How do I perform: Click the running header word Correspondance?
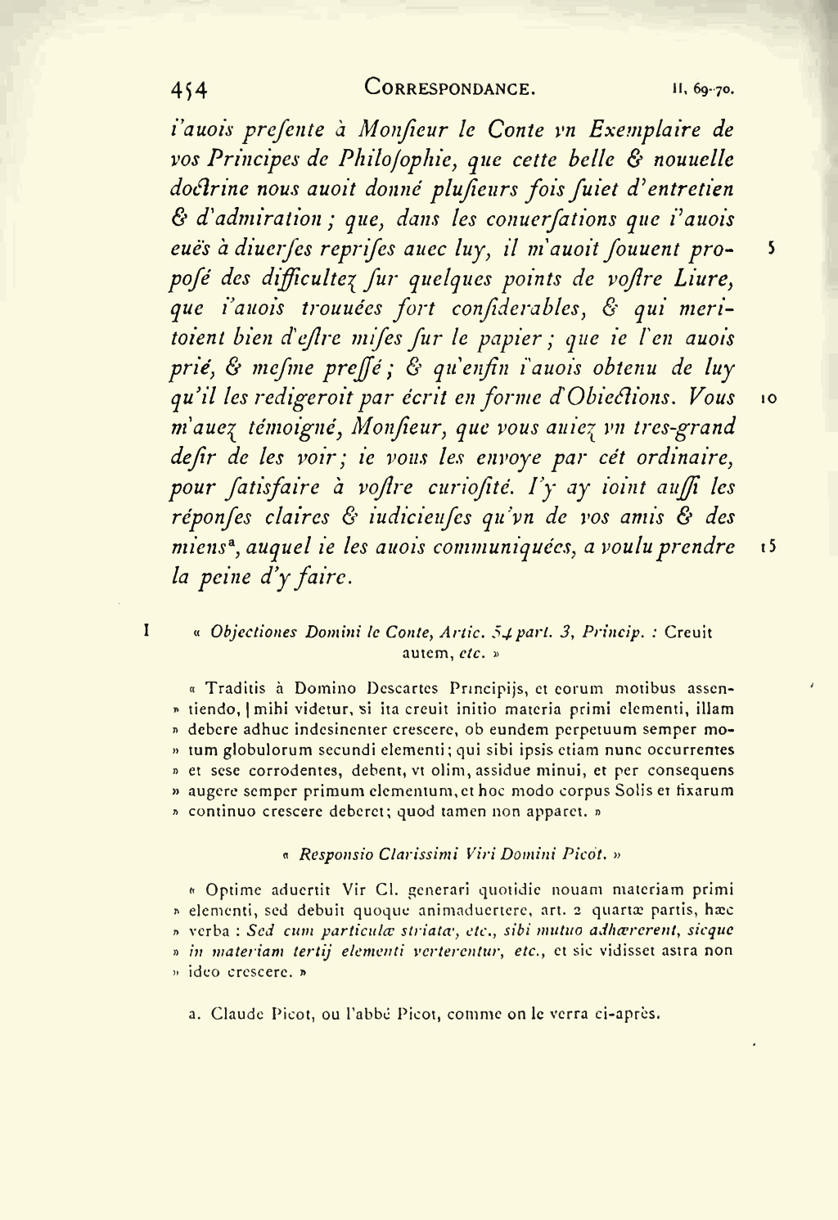click(450, 88)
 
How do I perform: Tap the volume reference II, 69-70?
click(703, 90)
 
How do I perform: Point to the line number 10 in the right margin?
click(768, 398)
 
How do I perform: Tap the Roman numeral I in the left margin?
click(146, 631)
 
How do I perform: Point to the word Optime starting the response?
click(233, 889)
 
